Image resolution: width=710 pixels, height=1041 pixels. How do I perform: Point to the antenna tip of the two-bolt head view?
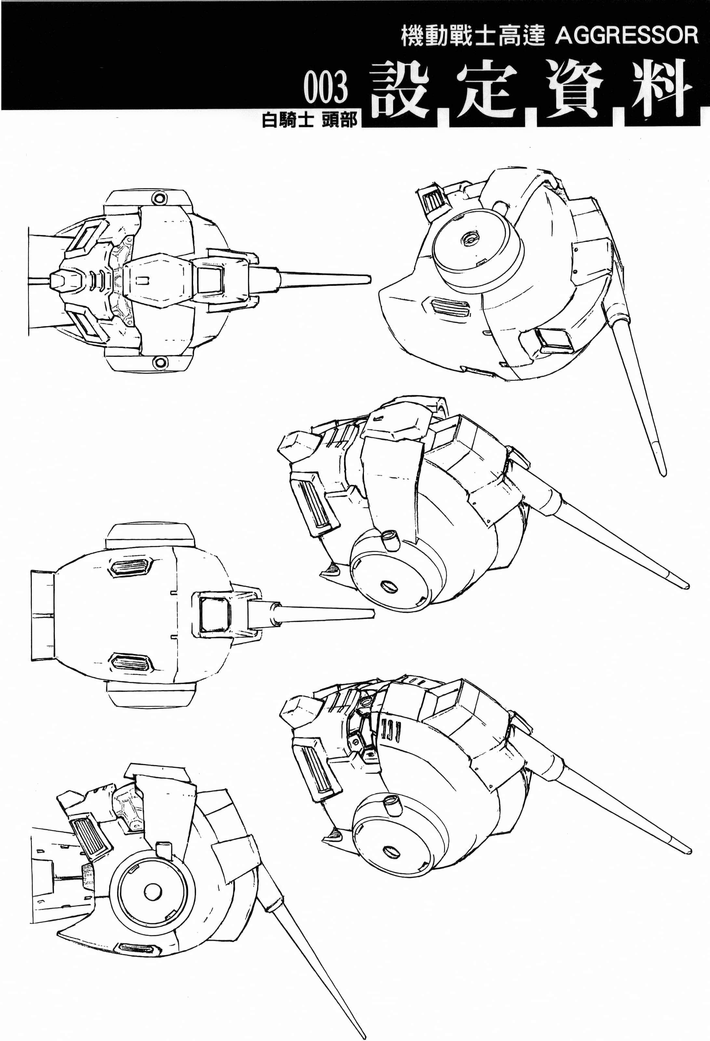[370, 279]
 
